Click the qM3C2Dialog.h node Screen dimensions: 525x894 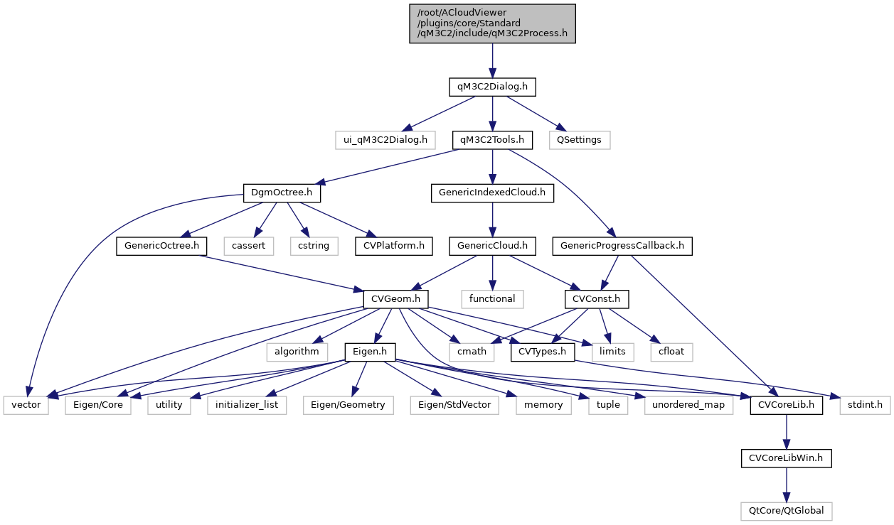click(x=492, y=87)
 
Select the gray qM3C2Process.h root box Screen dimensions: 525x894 click(x=492, y=23)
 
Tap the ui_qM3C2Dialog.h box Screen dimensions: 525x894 click(x=385, y=140)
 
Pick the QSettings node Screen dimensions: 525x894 click(x=579, y=140)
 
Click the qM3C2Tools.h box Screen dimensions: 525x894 click(x=492, y=140)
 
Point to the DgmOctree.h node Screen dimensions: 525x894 click(x=282, y=193)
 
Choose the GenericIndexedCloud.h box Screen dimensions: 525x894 click(x=492, y=193)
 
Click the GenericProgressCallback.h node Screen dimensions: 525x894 click(x=622, y=246)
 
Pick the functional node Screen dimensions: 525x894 click(x=492, y=298)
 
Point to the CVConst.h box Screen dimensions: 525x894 click(x=590, y=298)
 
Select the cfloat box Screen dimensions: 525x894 click(x=671, y=352)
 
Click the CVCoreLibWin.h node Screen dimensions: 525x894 click(x=786, y=458)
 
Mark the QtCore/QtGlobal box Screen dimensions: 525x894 click(x=786, y=510)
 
